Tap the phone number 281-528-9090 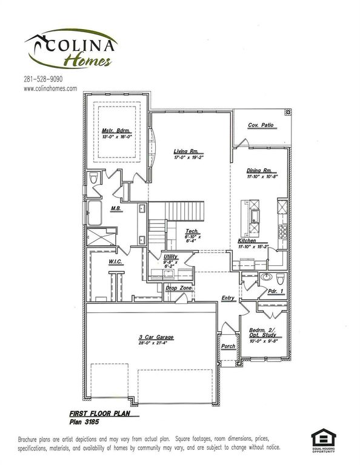click(43, 79)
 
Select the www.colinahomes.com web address click(50, 88)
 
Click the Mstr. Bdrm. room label click(117, 131)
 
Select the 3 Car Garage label click(156, 337)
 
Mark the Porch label click(228, 346)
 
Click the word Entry click(228, 297)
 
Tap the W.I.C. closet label click(116, 262)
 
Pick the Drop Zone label click(179, 288)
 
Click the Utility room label click(171, 256)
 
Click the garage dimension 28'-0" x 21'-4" click(156, 343)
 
